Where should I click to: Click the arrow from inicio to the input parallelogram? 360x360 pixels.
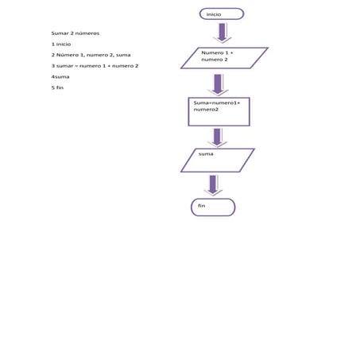pyautogui.click(x=223, y=33)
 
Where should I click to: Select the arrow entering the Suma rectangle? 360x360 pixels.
pyautogui.click(x=218, y=85)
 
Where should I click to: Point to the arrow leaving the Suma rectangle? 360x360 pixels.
pyautogui.click(x=217, y=137)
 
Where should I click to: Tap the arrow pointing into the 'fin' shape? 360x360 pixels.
pyautogui.click(x=213, y=185)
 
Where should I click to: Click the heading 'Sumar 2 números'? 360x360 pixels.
pyautogui.click(x=75, y=33)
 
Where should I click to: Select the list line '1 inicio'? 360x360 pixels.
pyautogui.click(x=61, y=45)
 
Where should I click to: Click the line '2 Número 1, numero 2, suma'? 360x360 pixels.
pyautogui.click(x=91, y=55)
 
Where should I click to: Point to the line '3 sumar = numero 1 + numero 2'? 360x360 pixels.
pyautogui.click(x=95, y=66)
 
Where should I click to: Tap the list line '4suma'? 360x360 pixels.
pyautogui.click(x=60, y=77)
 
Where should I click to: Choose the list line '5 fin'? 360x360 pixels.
pyautogui.click(x=57, y=87)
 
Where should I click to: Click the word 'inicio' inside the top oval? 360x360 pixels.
pyautogui.click(x=214, y=14)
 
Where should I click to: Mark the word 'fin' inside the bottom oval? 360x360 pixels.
pyautogui.click(x=202, y=206)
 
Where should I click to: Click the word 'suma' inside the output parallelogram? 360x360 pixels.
pyautogui.click(x=206, y=154)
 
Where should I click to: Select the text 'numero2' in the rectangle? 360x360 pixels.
pyautogui.click(x=206, y=110)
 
